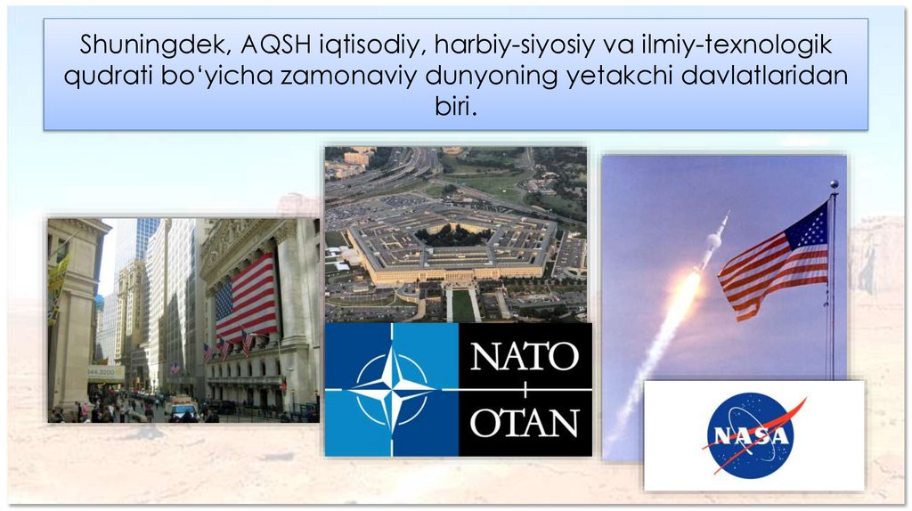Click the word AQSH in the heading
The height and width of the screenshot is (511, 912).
[276, 45]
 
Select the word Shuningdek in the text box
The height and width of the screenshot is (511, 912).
[156, 45]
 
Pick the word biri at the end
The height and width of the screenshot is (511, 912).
[456, 106]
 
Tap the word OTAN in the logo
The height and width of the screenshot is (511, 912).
[524, 422]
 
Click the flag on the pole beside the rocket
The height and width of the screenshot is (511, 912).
[774, 262]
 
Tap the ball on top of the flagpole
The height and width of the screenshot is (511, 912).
[834, 184]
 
